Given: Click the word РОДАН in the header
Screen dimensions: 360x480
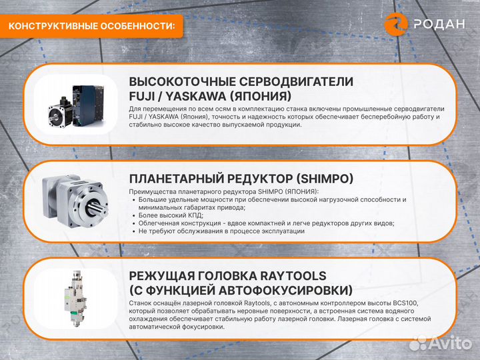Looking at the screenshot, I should coord(439,25).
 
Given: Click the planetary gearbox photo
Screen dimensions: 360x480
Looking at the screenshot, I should coord(77,198).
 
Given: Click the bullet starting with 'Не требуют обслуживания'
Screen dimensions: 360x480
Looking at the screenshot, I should coord(221,231).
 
